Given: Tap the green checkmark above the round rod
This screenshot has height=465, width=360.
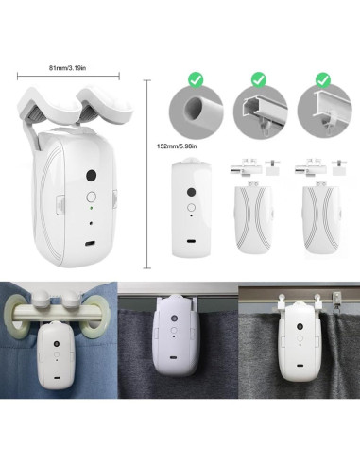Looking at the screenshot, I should [x=195, y=82].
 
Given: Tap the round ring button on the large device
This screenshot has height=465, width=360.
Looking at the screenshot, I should [x=91, y=198].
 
